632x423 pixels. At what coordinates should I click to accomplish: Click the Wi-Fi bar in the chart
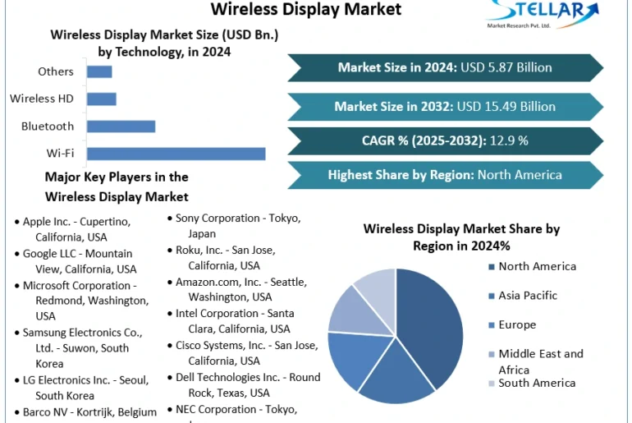pos(176,154)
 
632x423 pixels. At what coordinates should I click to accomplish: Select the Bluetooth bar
pos(121,126)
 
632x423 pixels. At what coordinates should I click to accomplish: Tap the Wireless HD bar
pos(101,99)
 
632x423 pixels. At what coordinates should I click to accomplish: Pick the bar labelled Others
pos(99,71)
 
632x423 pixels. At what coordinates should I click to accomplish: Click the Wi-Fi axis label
pos(60,154)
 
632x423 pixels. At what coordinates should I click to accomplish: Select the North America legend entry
pos(537,266)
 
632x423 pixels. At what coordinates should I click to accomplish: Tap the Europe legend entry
pos(516,324)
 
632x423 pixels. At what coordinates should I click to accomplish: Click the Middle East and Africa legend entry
pos(540,361)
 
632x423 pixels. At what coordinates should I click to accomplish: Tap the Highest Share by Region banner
pos(445,175)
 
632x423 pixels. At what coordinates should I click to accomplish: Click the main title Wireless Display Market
pos(306,9)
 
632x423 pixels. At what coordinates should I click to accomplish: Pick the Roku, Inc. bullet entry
pos(225,257)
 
